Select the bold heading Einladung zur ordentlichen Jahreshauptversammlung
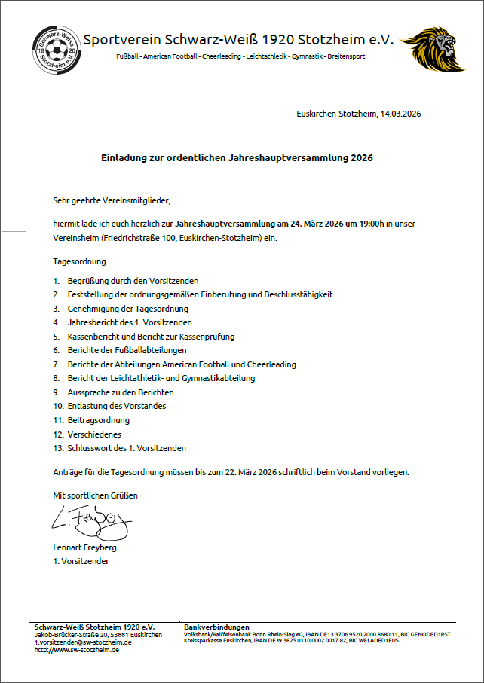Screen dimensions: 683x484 (x=237, y=158)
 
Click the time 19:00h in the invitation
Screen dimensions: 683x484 (x=372, y=224)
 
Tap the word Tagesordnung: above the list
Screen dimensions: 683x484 (x=81, y=261)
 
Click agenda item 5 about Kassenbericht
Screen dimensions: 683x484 (x=151, y=337)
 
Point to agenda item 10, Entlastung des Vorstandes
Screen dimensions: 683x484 (x=117, y=407)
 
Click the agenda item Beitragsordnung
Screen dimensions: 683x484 (x=99, y=420)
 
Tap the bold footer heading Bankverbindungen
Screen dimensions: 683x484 (x=216, y=627)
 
